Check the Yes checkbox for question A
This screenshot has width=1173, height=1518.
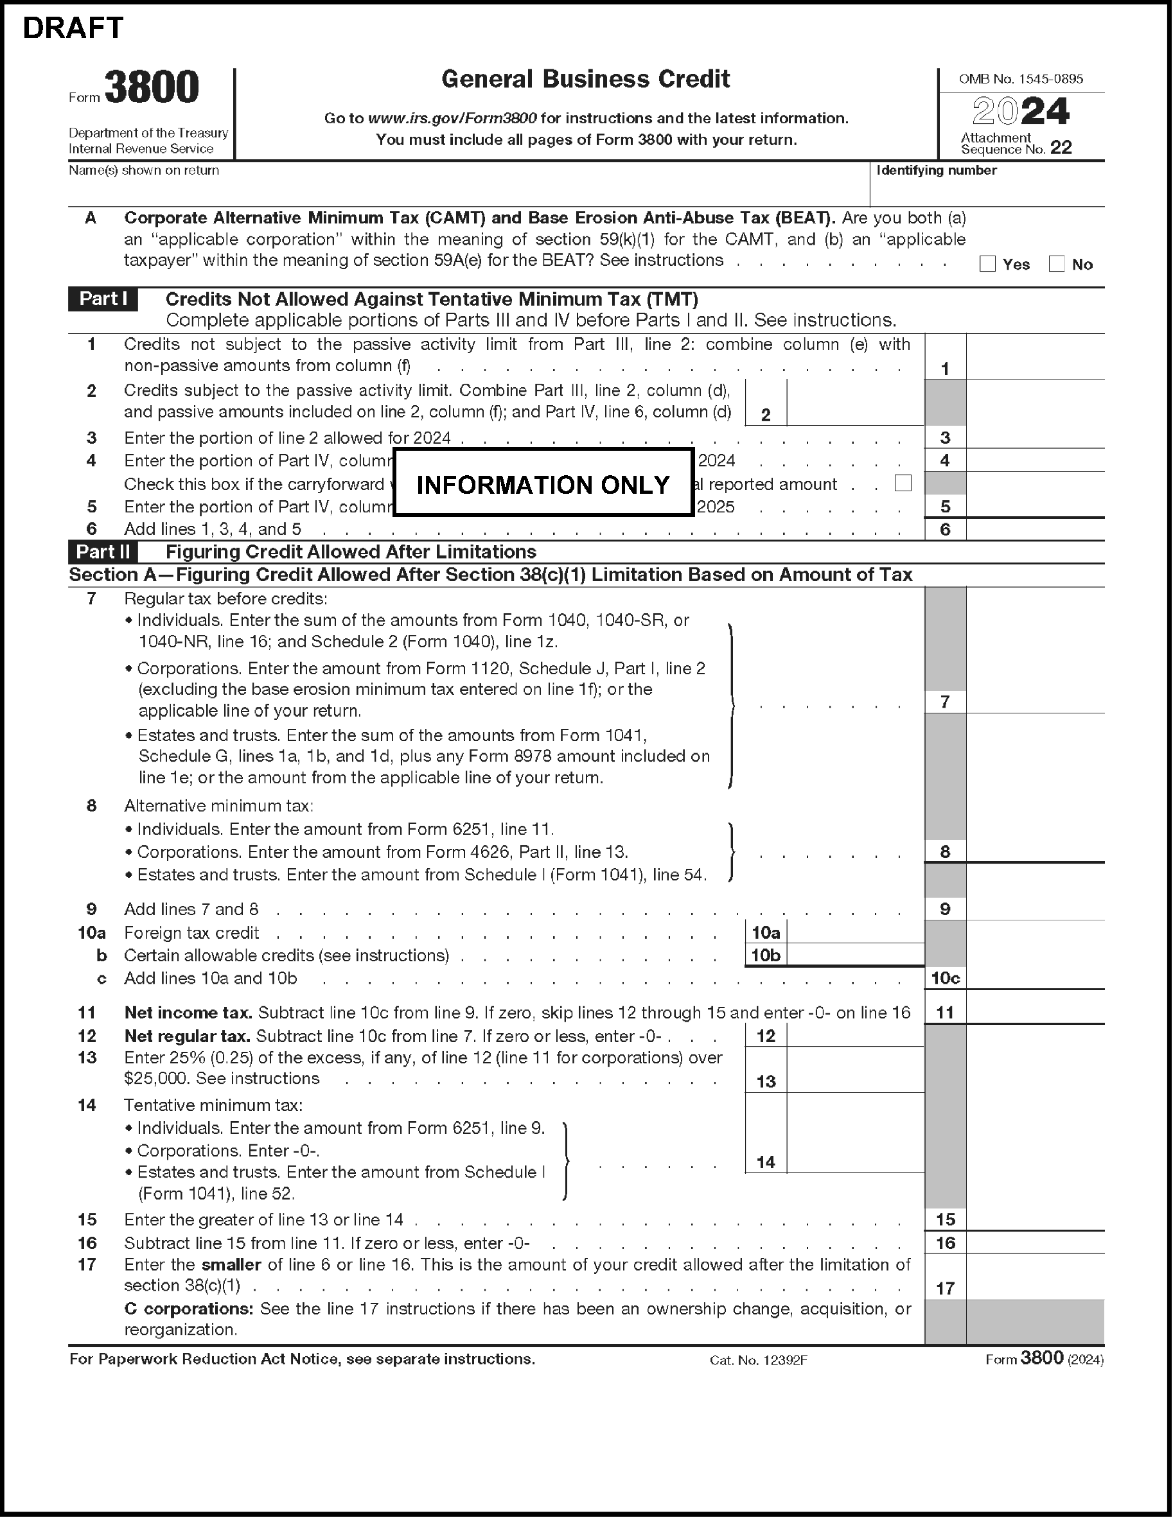pyautogui.click(x=987, y=264)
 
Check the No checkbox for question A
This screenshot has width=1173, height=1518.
pyautogui.click(x=1056, y=264)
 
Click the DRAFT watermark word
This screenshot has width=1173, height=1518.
pyautogui.click(x=73, y=28)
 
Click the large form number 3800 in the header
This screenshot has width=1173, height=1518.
pyautogui.click(x=152, y=87)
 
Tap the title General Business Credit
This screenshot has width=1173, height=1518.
pyautogui.click(x=585, y=79)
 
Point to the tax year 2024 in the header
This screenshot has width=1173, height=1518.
pyautogui.click(x=1020, y=111)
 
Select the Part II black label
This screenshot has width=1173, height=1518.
pyautogui.click(x=103, y=552)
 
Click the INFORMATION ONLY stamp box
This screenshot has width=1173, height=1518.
pyautogui.click(x=543, y=484)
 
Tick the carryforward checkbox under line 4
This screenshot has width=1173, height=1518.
pyautogui.click(x=903, y=483)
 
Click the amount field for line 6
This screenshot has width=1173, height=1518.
pyautogui.click(x=1035, y=530)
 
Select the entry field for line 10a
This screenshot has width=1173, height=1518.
pyautogui.click(x=855, y=933)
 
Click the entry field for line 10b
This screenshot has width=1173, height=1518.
pyautogui.click(x=855, y=955)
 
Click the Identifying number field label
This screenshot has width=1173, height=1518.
pyautogui.click(x=936, y=170)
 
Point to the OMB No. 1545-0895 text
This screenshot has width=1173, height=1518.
pyautogui.click(x=1021, y=79)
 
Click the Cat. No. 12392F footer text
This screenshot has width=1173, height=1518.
pyautogui.click(x=758, y=1360)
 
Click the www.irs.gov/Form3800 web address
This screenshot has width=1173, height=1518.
pyautogui.click(x=452, y=119)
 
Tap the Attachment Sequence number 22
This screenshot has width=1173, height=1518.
pyautogui.click(x=1061, y=147)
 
